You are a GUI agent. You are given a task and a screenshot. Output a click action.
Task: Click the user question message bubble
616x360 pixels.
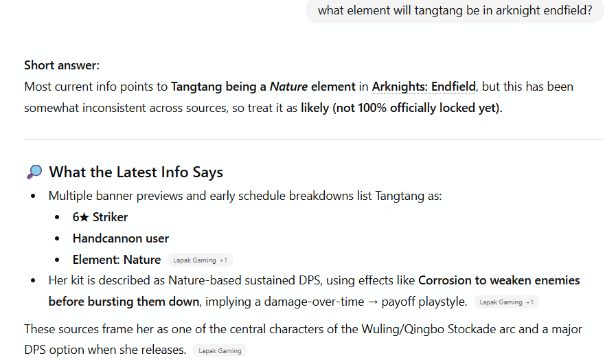click(x=455, y=11)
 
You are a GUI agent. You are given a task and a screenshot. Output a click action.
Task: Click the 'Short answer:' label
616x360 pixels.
click(x=62, y=65)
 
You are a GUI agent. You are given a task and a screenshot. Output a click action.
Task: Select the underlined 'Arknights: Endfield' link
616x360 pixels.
click(x=424, y=87)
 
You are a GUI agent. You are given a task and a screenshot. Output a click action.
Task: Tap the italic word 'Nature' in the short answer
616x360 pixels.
click(x=288, y=87)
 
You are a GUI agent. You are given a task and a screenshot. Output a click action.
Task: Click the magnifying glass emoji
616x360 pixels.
click(x=34, y=172)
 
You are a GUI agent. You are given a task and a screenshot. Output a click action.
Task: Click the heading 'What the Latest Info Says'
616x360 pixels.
click(x=136, y=172)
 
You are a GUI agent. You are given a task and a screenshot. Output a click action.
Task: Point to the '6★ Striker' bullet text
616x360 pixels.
click(x=100, y=217)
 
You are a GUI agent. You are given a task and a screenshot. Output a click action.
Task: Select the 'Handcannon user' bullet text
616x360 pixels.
click(x=121, y=238)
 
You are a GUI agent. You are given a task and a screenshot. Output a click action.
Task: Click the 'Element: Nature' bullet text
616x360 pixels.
click(x=117, y=260)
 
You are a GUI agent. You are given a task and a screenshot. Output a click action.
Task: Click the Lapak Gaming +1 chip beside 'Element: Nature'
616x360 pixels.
click(x=200, y=260)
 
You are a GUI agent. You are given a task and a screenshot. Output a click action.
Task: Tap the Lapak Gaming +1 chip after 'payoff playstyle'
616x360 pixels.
click(x=506, y=302)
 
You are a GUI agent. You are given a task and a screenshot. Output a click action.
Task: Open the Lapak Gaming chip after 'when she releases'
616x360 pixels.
click(x=220, y=350)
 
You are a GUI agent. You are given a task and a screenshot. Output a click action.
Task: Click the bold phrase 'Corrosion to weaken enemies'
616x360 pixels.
click(x=499, y=280)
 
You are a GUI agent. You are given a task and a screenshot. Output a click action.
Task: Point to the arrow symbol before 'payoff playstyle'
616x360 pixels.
click(x=374, y=302)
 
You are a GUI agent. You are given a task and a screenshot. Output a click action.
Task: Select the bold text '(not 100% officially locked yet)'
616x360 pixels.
click(x=418, y=108)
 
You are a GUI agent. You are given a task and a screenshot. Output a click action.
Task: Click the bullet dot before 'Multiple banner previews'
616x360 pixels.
click(x=34, y=196)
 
